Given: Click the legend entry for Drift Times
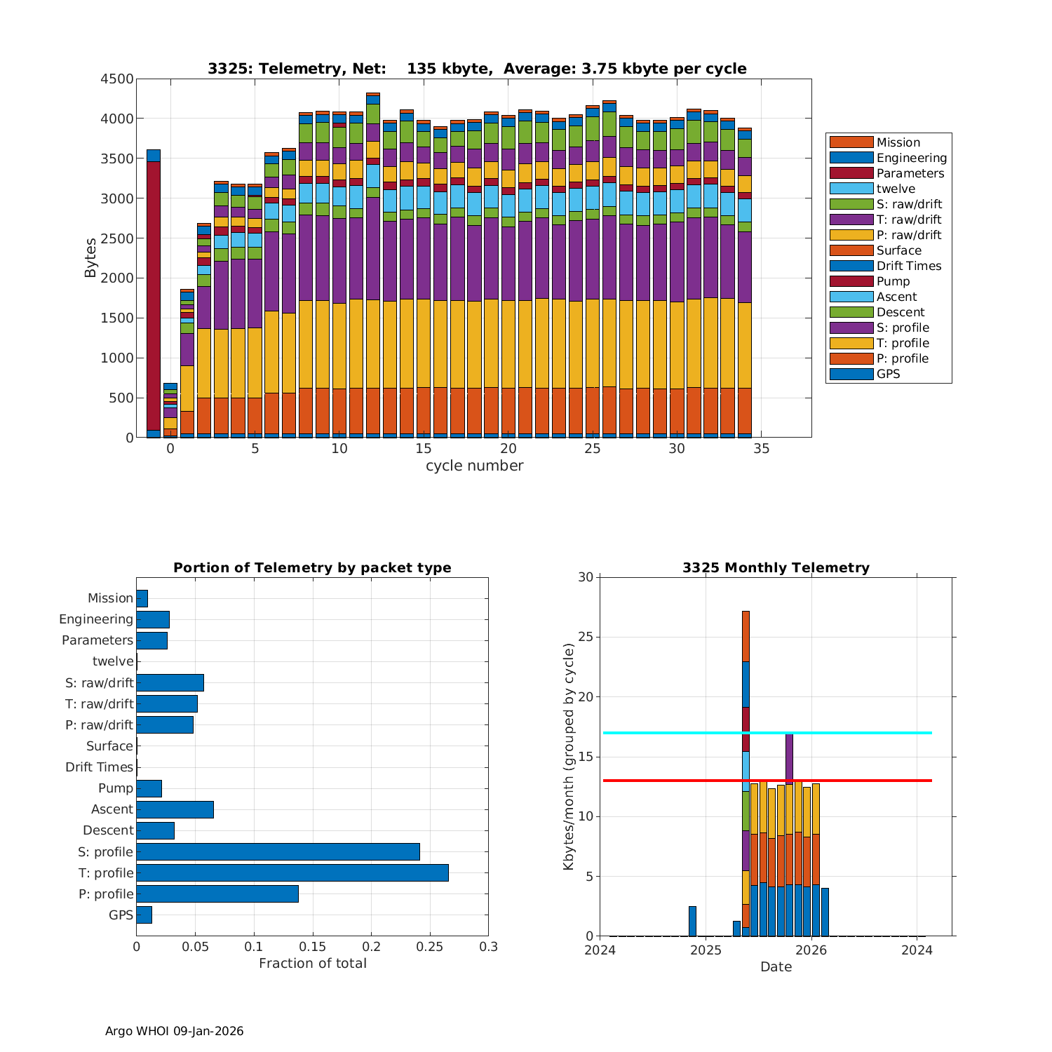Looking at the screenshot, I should (x=909, y=266).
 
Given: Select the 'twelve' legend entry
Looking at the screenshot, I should (x=896, y=189).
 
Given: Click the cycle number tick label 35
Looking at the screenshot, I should (x=762, y=449).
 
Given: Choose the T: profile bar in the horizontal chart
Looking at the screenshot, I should (x=292, y=873).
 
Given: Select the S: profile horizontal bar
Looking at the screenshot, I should (x=278, y=852).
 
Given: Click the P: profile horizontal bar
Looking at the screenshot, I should (x=217, y=894).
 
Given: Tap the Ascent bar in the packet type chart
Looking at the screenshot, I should (x=175, y=809).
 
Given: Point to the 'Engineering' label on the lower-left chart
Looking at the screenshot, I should (x=96, y=619).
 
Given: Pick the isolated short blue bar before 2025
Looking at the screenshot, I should (x=692, y=922).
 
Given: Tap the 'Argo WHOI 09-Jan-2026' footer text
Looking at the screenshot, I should (x=175, y=1031).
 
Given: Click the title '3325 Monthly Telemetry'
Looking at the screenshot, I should (x=776, y=568).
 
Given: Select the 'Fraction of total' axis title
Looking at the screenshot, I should (x=313, y=964).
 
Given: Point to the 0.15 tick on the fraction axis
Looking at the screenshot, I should (x=313, y=947).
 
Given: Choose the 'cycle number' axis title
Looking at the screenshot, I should (x=474, y=466).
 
